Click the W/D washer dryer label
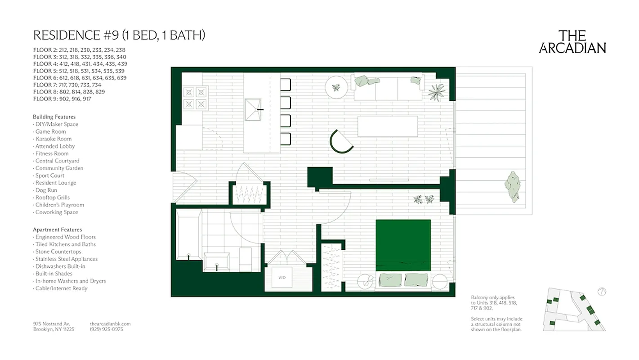(x=282, y=278)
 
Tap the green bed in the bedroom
(x=403, y=245)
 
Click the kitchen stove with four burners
(x=195, y=98)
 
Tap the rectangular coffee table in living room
(x=387, y=126)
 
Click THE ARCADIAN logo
(x=572, y=42)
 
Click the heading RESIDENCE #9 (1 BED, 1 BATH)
(x=119, y=35)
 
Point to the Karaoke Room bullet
(x=53, y=139)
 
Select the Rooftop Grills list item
(x=53, y=198)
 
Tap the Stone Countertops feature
(x=58, y=252)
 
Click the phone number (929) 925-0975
(x=106, y=329)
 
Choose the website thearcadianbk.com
(x=110, y=324)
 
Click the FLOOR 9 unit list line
(x=62, y=99)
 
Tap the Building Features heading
(x=54, y=117)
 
